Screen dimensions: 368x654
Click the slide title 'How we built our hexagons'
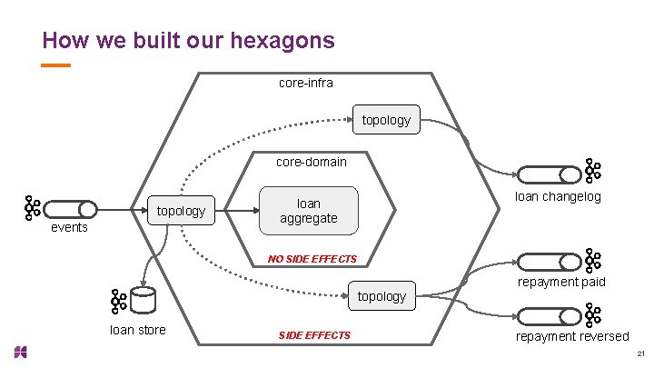click(x=188, y=40)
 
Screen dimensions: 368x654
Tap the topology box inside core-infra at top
click(x=386, y=120)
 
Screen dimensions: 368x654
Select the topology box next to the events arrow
click(x=181, y=212)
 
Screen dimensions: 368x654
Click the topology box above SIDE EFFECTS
click(x=381, y=297)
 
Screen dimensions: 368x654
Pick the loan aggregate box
click(x=308, y=211)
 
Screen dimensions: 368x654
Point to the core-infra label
click(x=305, y=83)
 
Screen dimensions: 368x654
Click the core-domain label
click(x=311, y=162)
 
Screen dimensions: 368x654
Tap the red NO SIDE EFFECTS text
click(x=312, y=259)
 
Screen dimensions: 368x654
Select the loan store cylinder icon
click(x=142, y=300)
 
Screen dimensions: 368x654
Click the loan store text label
click(x=137, y=330)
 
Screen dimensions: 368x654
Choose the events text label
click(x=69, y=227)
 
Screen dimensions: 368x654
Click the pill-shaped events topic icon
click(x=69, y=209)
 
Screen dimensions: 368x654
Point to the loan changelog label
click(x=558, y=196)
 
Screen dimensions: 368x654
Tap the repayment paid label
click(x=561, y=282)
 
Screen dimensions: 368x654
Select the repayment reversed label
click(x=572, y=336)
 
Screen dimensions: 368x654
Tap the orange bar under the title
click(x=56, y=65)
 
